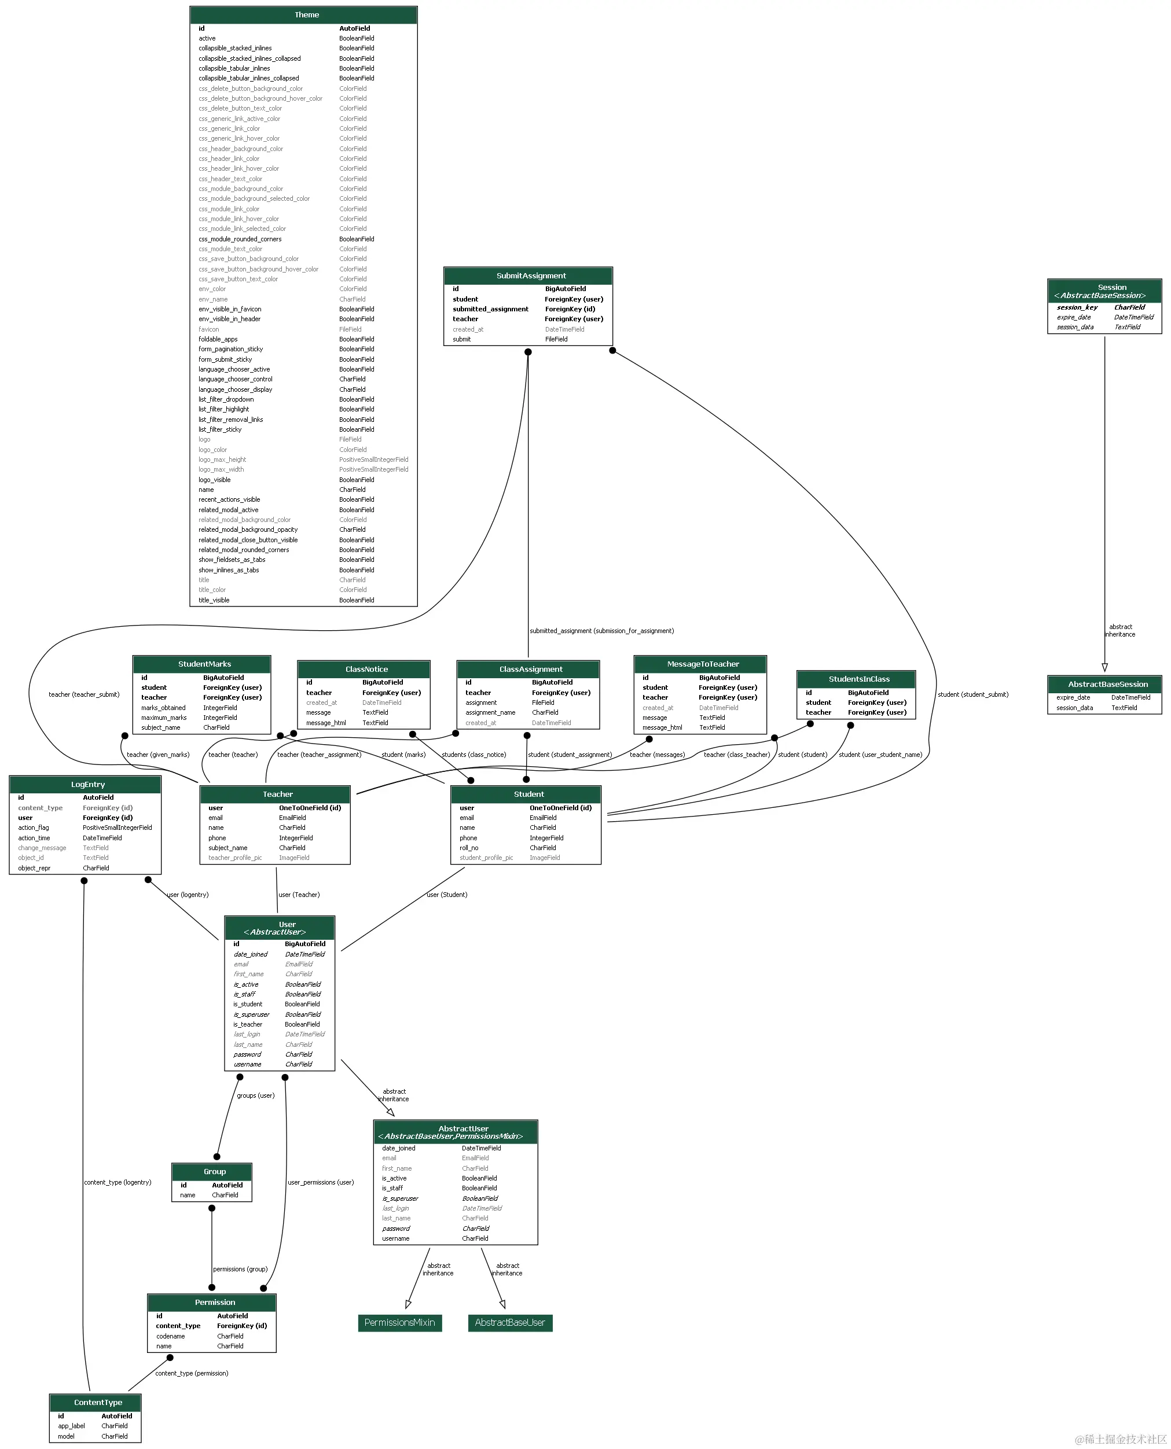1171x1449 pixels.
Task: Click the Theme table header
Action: [306, 15]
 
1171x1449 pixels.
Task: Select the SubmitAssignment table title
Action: [531, 276]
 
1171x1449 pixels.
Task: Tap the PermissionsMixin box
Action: [399, 1322]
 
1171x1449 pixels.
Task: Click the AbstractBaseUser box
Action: [509, 1322]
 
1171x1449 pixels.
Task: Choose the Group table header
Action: [215, 1172]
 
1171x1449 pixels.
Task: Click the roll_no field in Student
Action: [469, 848]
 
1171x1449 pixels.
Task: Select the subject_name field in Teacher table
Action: [228, 848]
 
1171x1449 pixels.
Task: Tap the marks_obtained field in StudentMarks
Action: [163, 708]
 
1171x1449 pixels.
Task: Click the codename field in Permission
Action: [171, 1336]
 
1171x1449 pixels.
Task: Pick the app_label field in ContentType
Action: [72, 1426]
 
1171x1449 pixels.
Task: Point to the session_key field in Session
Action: [1077, 307]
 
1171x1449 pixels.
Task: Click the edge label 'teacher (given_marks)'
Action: [158, 755]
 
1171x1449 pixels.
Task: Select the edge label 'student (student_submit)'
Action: [972, 694]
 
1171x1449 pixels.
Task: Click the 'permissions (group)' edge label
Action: [240, 1269]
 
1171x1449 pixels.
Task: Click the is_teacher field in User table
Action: [248, 1024]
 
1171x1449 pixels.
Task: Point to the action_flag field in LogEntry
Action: [34, 828]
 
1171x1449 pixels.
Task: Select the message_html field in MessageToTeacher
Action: [662, 727]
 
